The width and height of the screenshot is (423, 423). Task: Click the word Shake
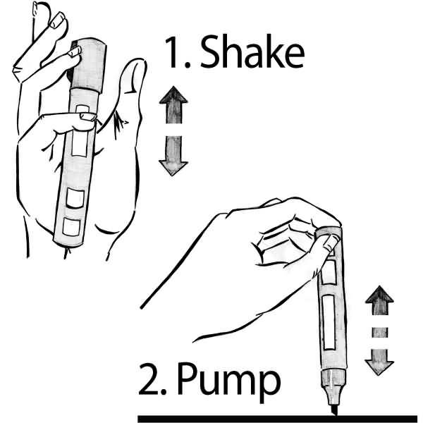point(252,51)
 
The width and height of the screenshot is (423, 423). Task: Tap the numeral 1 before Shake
point(171,52)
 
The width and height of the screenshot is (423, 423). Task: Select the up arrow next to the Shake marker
point(173,105)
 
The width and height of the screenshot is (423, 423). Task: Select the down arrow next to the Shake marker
point(173,156)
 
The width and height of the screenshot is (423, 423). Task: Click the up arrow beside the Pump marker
point(379,300)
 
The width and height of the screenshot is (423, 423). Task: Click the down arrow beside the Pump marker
point(379,362)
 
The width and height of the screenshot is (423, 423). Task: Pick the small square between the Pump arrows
point(380,332)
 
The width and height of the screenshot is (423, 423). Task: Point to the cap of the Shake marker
point(88,66)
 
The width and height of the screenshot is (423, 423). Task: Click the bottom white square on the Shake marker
point(71,227)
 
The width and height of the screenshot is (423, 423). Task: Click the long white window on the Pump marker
point(329,321)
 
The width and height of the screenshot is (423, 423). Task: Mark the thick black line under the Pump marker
point(278,419)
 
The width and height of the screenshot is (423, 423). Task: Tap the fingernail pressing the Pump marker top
point(331,243)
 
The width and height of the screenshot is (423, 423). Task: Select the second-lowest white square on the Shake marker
point(75,198)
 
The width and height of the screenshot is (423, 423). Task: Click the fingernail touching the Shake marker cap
point(75,51)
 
